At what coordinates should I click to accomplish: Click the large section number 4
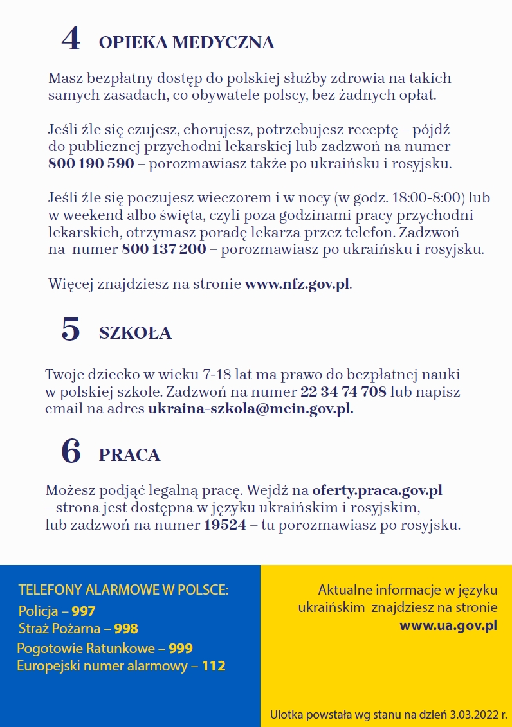(x=71, y=39)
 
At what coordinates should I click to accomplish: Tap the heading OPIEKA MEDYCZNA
(x=187, y=42)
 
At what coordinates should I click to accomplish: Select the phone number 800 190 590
(x=91, y=163)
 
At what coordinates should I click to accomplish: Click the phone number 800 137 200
(x=164, y=249)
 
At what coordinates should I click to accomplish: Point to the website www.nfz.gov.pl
(x=297, y=283)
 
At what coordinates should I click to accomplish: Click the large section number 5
(x=71, y=329)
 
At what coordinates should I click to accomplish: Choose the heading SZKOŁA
(x=135, y=333)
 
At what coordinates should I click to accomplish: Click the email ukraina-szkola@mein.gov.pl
(x=250, y=408)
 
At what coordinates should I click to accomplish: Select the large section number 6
(x=71, y=451)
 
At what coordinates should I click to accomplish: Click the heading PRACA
(x=129, y=455)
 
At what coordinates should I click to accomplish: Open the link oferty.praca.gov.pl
(x=377, y=491)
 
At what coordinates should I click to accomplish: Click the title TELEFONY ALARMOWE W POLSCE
(x=123, y=590)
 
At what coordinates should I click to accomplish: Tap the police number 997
(x=83, y=611)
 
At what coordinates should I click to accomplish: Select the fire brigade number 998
(x=126, y=628)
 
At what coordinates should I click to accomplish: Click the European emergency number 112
(x=214, y=666)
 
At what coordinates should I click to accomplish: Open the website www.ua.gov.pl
(x=448, y=625)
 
